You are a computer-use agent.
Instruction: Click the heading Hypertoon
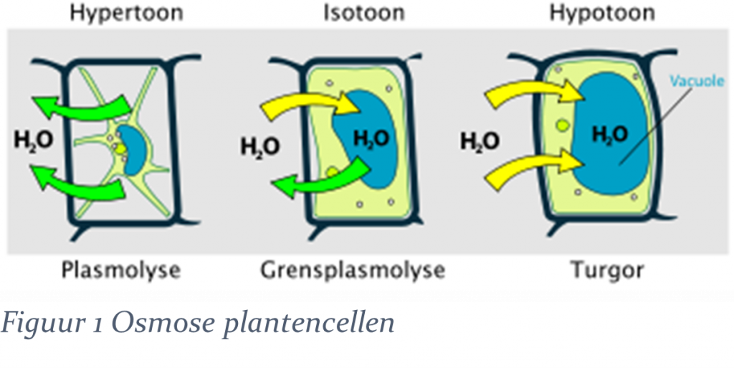coord(126,13)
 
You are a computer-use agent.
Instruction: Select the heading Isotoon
coord(363,12)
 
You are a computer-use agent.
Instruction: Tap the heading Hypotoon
coord(602,13)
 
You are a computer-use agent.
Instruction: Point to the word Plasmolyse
coord(120,270)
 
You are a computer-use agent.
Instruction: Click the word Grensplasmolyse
coord(353,270)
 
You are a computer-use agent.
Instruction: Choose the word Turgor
coord(607,270)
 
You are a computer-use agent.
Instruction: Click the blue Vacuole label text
coord(697,81)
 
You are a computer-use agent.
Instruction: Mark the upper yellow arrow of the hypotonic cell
coord(533,91)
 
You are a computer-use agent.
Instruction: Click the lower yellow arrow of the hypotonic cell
coord(533,168)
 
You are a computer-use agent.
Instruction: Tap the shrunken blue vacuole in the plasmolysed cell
coord(132,150)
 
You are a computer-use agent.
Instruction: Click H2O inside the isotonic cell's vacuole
coord(371,139)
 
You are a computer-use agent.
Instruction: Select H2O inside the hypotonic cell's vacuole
coord(609,135)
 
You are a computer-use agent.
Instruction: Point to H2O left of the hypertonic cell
coord(34,139)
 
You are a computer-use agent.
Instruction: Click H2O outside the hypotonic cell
coord(480,141)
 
